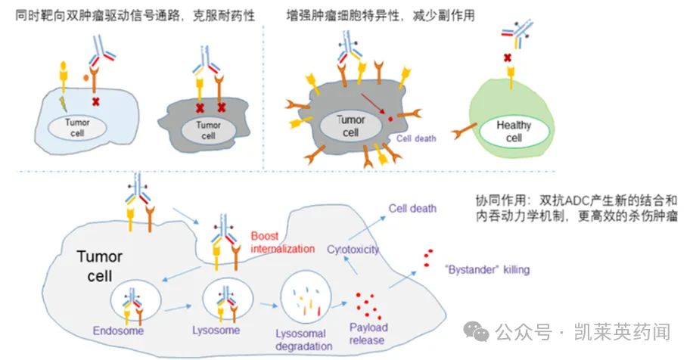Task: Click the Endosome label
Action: click(x=119, y=331)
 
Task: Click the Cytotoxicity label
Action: click(x=353, y=249)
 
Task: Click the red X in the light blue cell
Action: click(x=95, y=101)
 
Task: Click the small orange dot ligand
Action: click(x=88, y=78)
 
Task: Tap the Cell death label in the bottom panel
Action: click(x=412, y=208)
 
